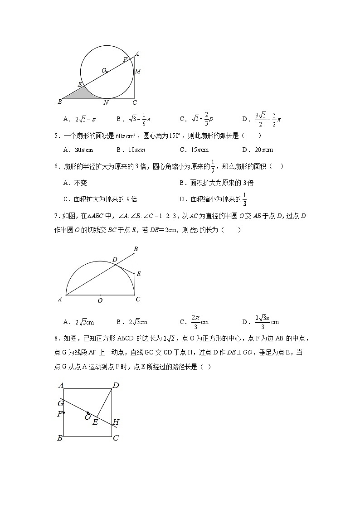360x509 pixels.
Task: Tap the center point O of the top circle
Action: click(107, 72)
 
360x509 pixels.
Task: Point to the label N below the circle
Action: click(106, 102)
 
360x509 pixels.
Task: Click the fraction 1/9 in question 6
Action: click(214, 166)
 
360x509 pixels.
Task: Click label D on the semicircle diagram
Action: click(115, 259)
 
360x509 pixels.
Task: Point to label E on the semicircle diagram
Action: click(139, 274)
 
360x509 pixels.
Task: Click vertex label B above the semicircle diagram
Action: click(136, 249)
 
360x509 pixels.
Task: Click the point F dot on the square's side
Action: click(63, 412)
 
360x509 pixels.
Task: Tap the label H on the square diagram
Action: click(116, 422)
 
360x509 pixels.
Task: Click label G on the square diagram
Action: click(60, 403)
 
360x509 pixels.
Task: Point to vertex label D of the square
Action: click(116, 386)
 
